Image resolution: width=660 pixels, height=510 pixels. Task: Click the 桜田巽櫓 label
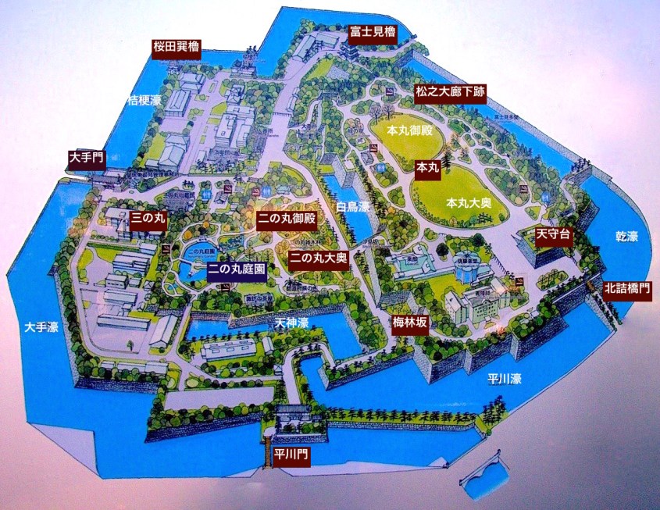pos(176,48)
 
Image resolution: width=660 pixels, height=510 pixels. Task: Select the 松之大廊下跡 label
pos(450,93)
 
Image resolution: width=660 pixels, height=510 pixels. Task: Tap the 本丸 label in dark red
pos(429,167)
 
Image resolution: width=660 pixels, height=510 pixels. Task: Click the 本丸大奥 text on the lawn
pos(469,202)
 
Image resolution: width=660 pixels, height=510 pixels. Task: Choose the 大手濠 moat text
pos(41,326)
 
